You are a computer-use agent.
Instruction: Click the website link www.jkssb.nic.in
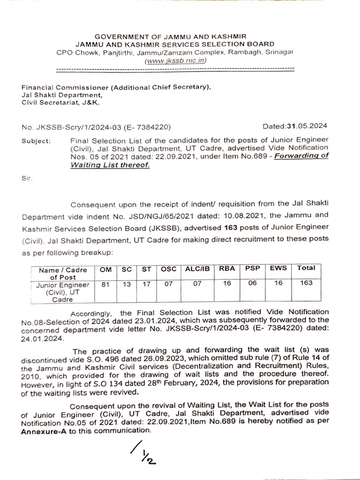[175, 61]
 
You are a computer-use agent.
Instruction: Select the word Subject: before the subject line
[36, 140]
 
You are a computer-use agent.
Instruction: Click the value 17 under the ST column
[146, 283]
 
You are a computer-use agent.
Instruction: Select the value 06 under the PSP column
[252, 283]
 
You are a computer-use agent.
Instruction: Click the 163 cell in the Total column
[306, 283]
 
